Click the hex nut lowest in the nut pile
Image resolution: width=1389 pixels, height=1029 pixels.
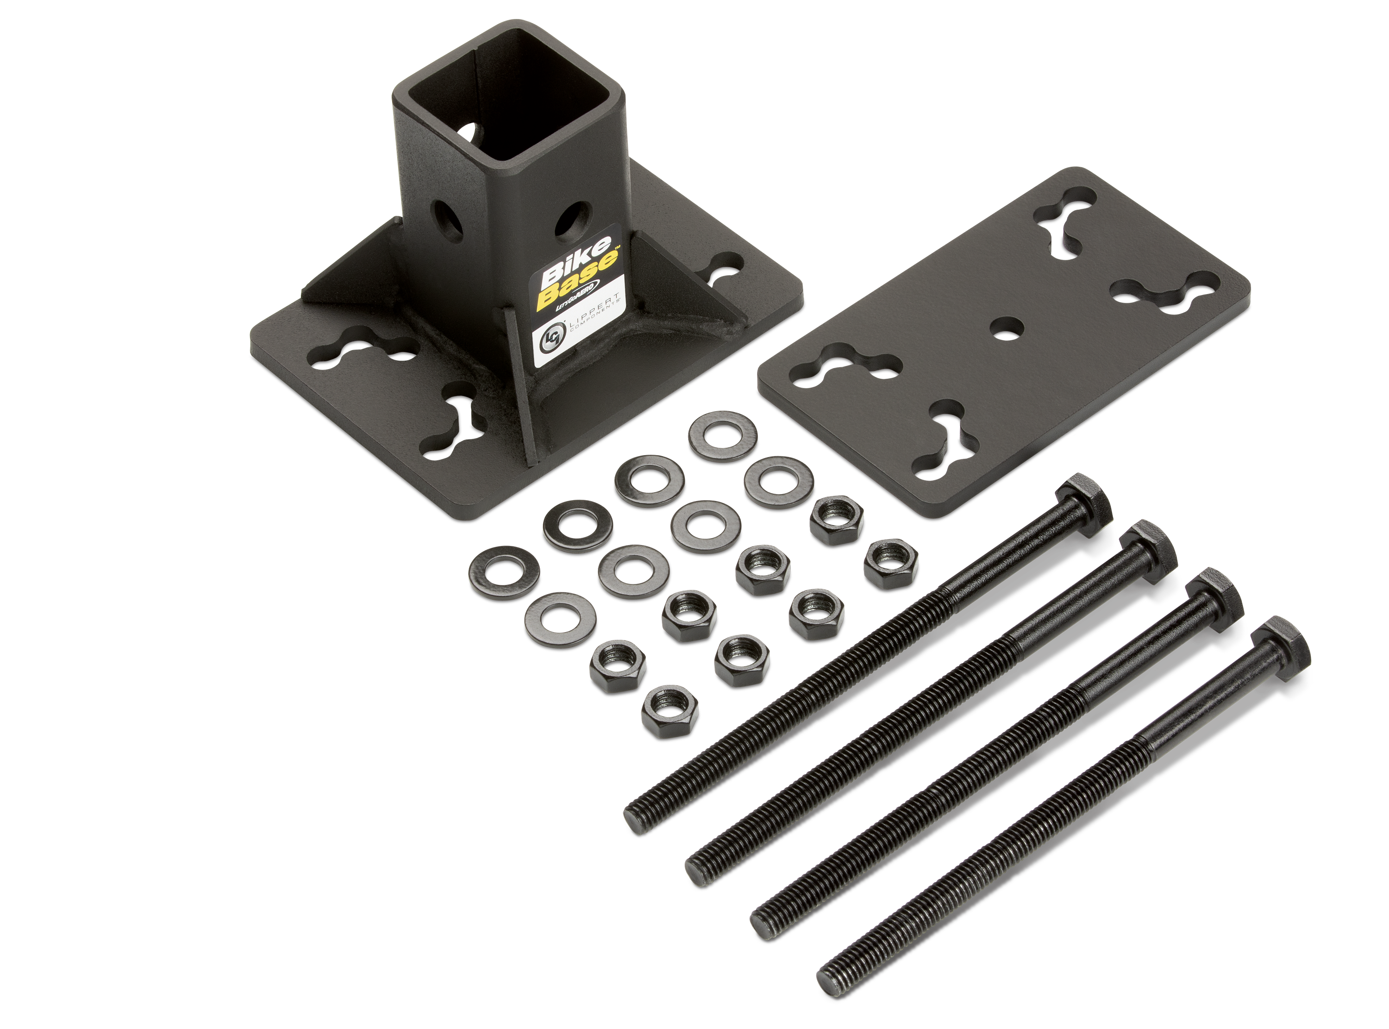point(669,713)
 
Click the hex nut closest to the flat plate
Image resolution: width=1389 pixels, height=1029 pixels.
point(838,520)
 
